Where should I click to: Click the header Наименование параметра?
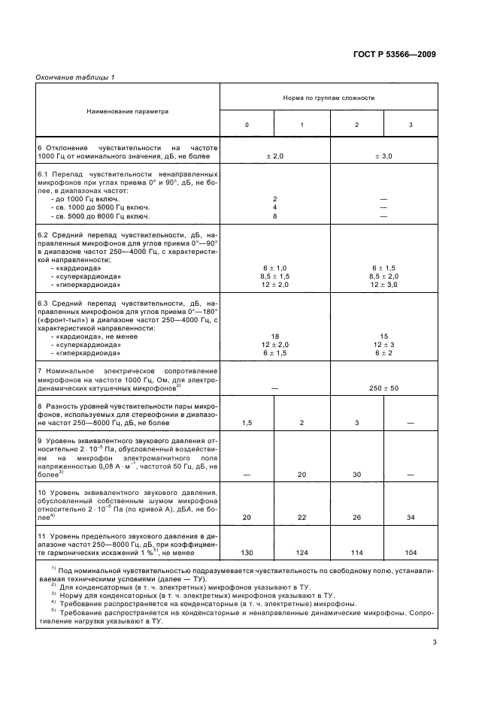(128, 110)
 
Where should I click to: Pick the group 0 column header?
(247, 124)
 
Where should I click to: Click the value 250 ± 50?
(383, 388)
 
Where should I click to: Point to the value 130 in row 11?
(247, 553)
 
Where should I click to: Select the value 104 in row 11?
(411, 553)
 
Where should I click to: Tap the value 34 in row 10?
(411, 517)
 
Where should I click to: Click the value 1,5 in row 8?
(247, 424)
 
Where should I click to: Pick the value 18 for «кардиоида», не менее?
(274, 336)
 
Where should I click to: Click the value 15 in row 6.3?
(383, 336)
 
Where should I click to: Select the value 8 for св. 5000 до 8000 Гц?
(274, 216)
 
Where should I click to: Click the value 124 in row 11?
(302, 553)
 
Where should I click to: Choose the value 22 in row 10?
(302, 517)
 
